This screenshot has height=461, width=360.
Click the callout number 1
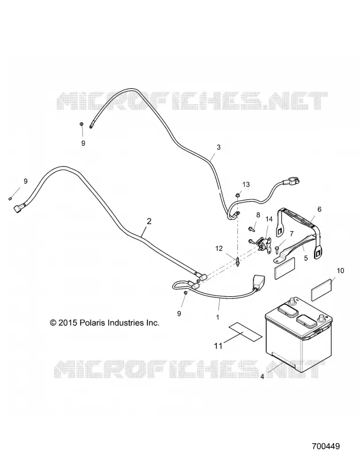tap(218, 318)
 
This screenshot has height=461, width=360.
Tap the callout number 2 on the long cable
tap(149, 221)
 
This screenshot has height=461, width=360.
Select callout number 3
tap(218, 147)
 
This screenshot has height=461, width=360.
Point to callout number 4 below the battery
tap(262, 376)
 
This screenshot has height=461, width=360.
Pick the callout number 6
tap(320, 209)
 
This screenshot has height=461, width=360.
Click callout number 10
tap(340, 270)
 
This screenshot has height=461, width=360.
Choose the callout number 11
tap(218, 346)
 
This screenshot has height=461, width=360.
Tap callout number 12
tap(219, 248)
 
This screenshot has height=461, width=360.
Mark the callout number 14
tap(269, 219)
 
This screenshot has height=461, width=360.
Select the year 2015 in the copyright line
tap(68, 323)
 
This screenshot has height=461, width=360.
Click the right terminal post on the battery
tap(321, 319)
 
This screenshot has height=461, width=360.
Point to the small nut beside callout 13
tap(238, 194)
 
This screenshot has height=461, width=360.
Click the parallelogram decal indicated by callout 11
tap(245, 331)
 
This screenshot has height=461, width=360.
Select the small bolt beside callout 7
tap(277, 249)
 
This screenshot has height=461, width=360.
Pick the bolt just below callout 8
tap(252, 228)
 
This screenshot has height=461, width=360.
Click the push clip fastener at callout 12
tap(237, 262)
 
